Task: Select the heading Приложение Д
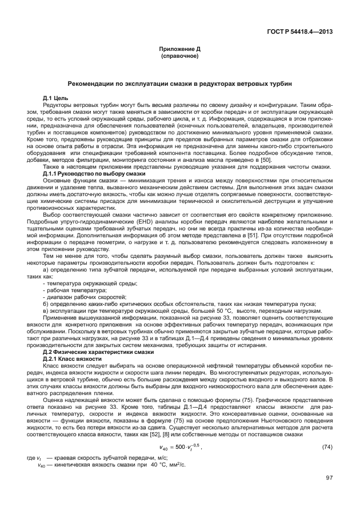click(179, 50)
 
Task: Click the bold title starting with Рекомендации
click(179, 84)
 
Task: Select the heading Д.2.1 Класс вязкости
click(73, 358)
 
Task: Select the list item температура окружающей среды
click(90, 284)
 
